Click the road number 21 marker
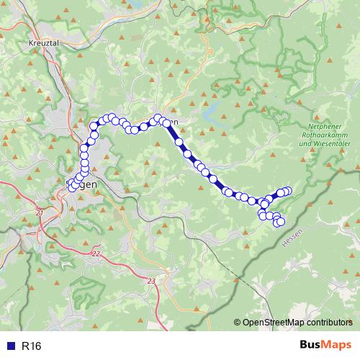pos(40,213)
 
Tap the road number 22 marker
pos(96,254)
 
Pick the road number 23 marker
pos(150,281)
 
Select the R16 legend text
pos(31,346)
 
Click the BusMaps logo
pos(325,346)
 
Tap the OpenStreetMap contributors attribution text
pos(297,322)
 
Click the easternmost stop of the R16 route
pos(288,191)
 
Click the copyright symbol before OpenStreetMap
pos(238,322)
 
